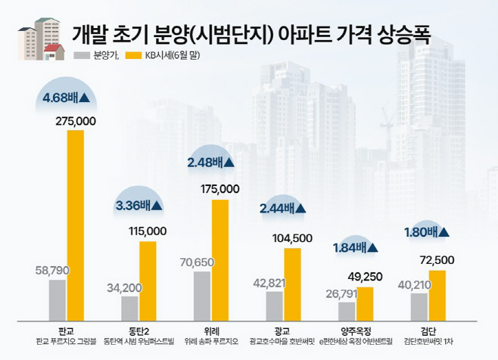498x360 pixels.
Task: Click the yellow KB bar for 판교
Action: pos(76,225)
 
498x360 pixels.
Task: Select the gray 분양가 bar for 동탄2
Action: pos(130,308)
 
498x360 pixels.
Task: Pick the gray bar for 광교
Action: pos(275,305)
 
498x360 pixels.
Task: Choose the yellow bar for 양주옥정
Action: pos(365,303)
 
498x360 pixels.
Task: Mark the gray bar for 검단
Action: pos(419,306)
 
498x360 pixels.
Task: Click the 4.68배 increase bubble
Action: pos(66,98)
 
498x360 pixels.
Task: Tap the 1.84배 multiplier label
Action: pos(356,247)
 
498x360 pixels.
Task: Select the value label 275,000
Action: pos(76,120)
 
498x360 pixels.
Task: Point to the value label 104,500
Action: pos(291,238)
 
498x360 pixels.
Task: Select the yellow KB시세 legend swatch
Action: pos(133,54)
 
